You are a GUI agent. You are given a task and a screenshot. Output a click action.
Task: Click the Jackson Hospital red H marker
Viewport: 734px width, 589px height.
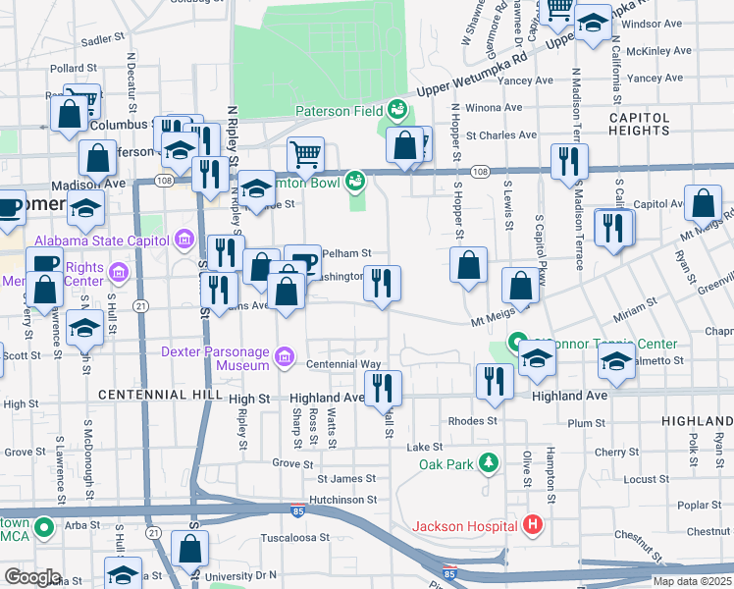(x=533, y=525)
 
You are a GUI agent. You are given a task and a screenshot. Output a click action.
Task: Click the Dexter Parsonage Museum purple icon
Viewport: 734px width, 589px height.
(x=285, y=356)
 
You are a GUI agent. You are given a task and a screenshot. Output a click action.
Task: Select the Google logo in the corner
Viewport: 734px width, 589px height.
(x=32, y=577)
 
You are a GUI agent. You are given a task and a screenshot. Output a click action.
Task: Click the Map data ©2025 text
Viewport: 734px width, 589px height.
(x=693, y=581)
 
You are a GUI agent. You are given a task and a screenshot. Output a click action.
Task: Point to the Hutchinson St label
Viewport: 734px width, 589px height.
(x=341, y=499)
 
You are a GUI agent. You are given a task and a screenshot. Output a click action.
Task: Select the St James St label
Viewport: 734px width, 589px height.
(x=346, y=479)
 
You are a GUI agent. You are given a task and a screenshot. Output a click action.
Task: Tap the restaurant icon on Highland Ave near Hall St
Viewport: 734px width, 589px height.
(x=383, y=387)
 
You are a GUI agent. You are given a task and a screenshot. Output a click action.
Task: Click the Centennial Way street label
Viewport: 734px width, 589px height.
(x=343, y=364)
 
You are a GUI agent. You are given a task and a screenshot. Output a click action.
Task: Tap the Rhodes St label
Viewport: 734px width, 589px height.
(x=473, y=421)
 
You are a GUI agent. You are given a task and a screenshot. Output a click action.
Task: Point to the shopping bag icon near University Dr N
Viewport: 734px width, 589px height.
(x=192, y=550)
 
